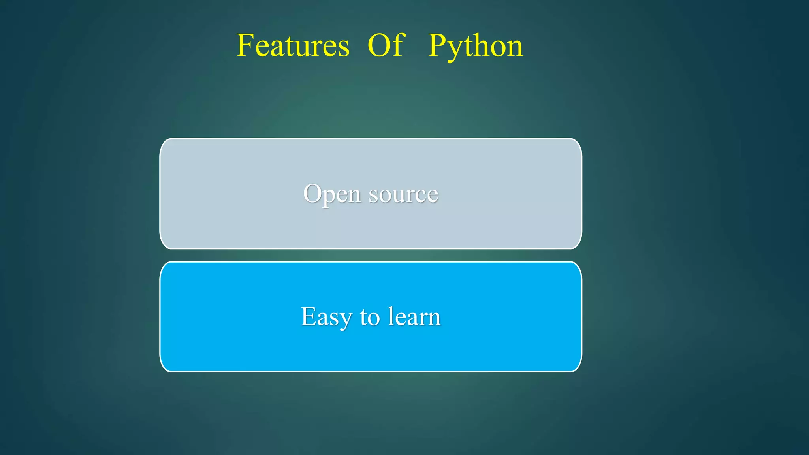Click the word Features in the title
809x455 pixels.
293,46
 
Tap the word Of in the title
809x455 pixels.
386,46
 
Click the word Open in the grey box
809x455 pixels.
332,194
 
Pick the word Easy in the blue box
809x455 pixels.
326,317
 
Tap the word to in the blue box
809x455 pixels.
370,317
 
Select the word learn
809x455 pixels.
414,317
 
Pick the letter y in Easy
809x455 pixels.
344,320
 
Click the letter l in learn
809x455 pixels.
390,316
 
